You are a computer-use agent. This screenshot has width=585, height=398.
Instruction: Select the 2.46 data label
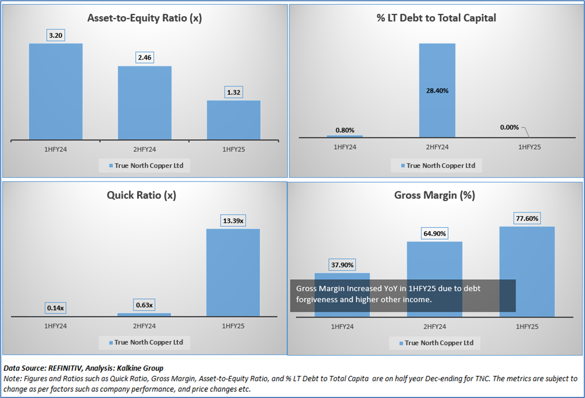click(x=145, y=57)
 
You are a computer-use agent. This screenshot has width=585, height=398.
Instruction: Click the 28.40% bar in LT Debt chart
click(x=437, y=89)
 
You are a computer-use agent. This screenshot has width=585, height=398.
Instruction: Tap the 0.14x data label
click(x=56, y=308)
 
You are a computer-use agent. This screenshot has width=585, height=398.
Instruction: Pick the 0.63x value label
click(x=144, y=305)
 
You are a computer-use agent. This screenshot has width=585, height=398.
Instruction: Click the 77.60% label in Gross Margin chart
click(x=527, y=218)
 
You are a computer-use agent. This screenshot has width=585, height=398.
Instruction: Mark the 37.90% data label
click(x=342, y=265)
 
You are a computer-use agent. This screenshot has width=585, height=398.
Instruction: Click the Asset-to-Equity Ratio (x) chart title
click(x=145, y=18)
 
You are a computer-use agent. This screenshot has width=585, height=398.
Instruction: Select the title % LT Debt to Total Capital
click(x=437, y=18)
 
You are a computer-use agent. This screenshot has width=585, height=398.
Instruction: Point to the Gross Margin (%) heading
click(x=434, y=195)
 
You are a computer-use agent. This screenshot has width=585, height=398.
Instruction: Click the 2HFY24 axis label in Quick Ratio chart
click(x=144, y=325)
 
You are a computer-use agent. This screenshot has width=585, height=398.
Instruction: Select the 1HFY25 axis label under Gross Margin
click(x=527, y=326)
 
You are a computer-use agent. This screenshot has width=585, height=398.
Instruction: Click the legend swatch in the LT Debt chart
click(x=403, y=166)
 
